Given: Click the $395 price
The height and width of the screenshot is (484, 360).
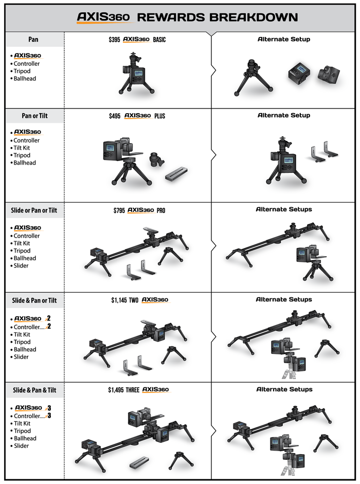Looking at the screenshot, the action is click(x=114, y=40).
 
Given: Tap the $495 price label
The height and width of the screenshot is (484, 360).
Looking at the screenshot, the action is click(x=115, y=116).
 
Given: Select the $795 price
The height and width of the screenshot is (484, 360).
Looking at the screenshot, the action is click(x=119, y=210).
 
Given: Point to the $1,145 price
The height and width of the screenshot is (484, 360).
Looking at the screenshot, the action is click(x=119, y=300).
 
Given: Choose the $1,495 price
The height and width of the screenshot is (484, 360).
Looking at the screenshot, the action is click(x=116, y=390).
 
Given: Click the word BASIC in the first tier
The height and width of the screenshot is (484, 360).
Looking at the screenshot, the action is click(x=159, y=40).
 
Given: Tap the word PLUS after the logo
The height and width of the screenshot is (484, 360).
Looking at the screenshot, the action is click(x=159, y=116).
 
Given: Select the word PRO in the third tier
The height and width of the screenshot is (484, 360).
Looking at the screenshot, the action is click(x=161, y=210).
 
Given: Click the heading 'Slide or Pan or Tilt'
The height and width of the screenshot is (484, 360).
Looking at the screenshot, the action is click(x=34, y=210).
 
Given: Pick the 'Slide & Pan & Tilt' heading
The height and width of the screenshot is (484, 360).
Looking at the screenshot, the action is click(x=34, y=390).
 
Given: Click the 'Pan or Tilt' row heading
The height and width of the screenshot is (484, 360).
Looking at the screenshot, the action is click(x=34, y=116).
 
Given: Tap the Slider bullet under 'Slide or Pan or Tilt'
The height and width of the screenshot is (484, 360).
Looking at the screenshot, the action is click(x=21, y=265).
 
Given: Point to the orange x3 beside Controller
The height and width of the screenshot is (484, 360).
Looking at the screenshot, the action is click(x=48, y=416).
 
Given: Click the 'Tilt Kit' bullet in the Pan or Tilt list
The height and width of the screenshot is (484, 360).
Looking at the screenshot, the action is click(x=22, y=148).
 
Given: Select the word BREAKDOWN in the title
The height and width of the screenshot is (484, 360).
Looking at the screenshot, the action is click(x=254, y=17).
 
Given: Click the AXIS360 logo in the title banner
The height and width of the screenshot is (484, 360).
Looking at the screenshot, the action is click(x=103, y=17).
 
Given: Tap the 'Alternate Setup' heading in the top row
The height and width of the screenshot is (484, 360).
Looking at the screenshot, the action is click(x=284, y=39).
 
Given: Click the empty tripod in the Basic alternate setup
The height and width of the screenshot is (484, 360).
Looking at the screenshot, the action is click(x=253, y=78).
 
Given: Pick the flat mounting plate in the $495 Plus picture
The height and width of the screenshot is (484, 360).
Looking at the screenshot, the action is click(x=176, y=174).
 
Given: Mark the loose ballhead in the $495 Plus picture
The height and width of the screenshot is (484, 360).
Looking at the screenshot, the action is click(x=156, y=159).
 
